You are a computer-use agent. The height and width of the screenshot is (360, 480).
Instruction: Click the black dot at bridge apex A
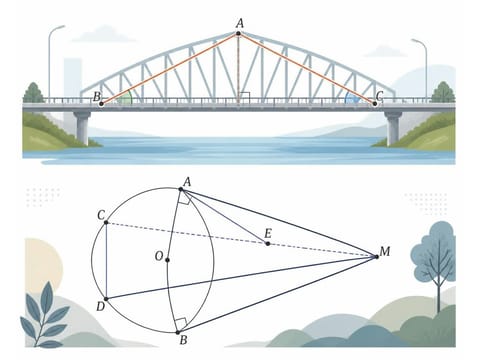[x=238, y=33]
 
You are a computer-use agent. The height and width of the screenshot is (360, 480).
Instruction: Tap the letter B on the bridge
[x=97, y=97]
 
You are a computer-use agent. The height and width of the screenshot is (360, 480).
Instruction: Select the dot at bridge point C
[x=375, y=104]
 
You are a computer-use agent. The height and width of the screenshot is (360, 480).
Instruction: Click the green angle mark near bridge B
[x=126, y=98]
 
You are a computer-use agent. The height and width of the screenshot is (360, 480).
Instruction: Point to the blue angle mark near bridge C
[x=351, y=98]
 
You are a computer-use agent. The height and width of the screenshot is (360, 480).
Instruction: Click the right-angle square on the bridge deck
[x=245, y=98]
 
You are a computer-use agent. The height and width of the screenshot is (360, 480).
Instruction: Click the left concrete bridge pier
[x=82, y=128]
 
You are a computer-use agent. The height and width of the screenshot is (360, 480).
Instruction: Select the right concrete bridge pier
[x=393, y=128]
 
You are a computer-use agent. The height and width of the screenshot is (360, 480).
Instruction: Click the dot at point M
[x=377, y=257]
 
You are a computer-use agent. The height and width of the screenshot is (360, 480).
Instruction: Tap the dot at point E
[x=268, y=244]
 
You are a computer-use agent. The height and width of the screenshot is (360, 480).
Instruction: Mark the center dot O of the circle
[x=167, y=260]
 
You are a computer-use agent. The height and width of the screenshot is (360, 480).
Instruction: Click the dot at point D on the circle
[x=106, y=299]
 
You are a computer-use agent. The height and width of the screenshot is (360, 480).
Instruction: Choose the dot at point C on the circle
[x=106, y=222]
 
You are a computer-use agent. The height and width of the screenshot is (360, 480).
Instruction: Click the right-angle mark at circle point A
[x=185, y=199]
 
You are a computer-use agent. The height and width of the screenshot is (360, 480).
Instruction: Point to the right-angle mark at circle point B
[x=181, y=324]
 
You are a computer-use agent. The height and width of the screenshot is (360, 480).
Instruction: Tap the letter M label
[x=385, y=251]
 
